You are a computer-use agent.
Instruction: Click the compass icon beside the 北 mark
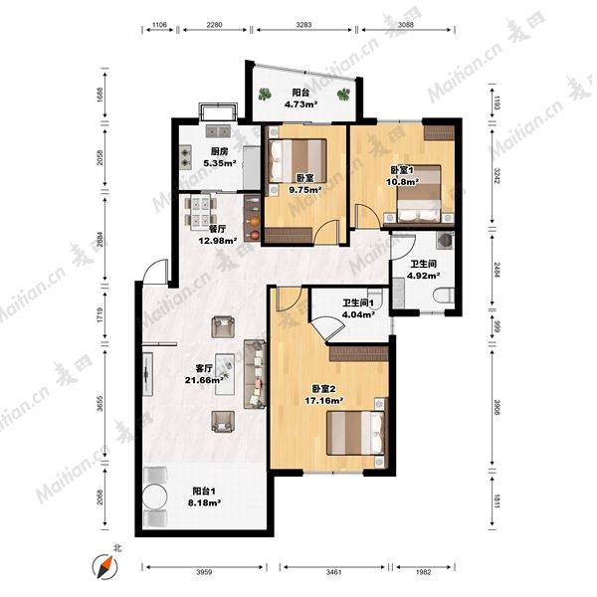click(104, 567)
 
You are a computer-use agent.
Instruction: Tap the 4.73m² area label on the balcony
click(301, 103)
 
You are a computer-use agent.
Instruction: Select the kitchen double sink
click(218, 131)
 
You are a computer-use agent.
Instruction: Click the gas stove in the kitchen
click(185, 157)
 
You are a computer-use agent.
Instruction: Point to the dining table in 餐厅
click(200, 213)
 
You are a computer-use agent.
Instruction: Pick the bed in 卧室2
click(355, 433)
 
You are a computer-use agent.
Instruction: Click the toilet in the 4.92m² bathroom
click(444, 296)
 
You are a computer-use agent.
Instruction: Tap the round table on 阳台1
click(154, 497)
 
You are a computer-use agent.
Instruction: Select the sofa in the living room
click(255, 374)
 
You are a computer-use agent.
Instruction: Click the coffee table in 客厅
click(225, 374)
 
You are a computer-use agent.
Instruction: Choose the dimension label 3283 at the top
click(303, 25)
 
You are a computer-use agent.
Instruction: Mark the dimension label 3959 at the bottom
click(204, 572)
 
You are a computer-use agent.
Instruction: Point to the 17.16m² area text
click(324, 400)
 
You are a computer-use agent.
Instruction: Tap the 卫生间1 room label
click(358, 303)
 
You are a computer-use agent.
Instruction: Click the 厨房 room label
click(219, 151)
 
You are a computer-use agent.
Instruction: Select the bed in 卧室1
click(419, 193)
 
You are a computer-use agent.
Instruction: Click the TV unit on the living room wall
click(147, 375)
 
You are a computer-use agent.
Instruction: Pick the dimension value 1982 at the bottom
click(424, 572)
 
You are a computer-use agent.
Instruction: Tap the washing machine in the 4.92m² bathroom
click(445, 240)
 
